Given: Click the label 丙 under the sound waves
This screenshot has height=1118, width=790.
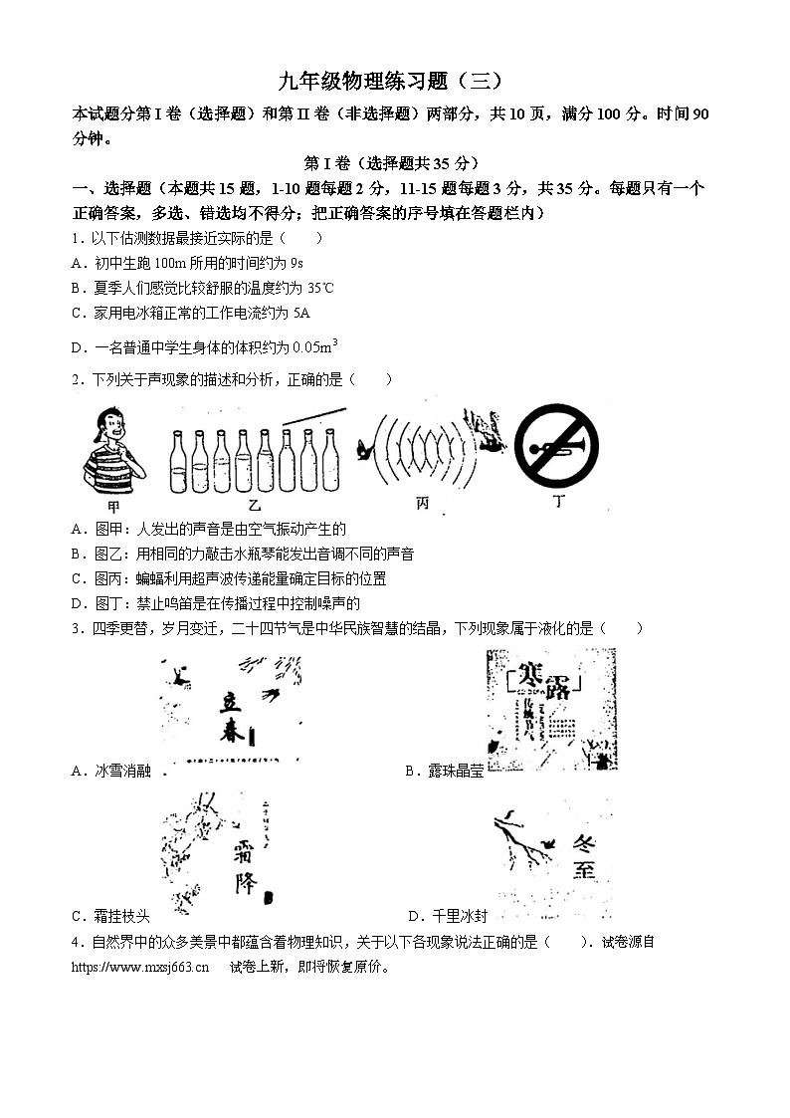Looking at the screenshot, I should pos(422,505).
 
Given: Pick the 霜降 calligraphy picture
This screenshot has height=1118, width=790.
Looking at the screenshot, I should pos(212,852).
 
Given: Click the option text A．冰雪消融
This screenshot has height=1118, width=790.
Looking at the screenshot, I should pos(111,771).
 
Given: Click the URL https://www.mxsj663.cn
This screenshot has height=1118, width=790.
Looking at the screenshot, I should pos(140,966).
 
